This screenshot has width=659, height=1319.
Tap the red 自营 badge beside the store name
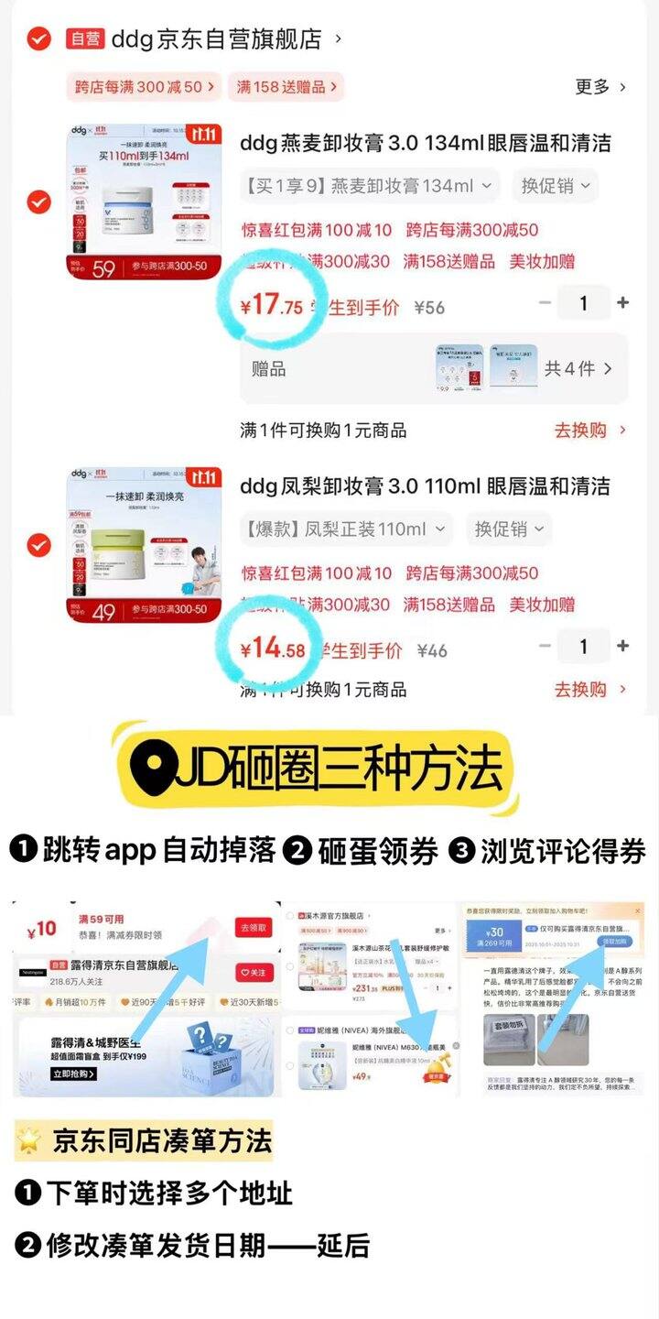(85, 38)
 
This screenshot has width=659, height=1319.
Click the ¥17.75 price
(271, 305)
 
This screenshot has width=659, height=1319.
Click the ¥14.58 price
(272, 649)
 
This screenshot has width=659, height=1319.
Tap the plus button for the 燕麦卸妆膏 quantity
(622, 303)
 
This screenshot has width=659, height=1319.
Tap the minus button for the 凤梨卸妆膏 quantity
(546, 647)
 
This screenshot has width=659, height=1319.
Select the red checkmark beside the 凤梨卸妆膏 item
(38, 546)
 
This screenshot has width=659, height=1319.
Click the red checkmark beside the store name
(38, 38)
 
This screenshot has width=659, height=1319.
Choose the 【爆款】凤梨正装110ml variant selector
(347, 529)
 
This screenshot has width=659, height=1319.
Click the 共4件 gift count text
(578, 369)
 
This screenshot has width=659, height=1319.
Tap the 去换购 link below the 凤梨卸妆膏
(589, 690)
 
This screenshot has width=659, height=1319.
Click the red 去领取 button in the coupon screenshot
(254, 927)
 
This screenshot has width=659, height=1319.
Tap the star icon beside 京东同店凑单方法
(31, 1141)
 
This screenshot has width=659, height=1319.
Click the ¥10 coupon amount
(42, 929)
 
